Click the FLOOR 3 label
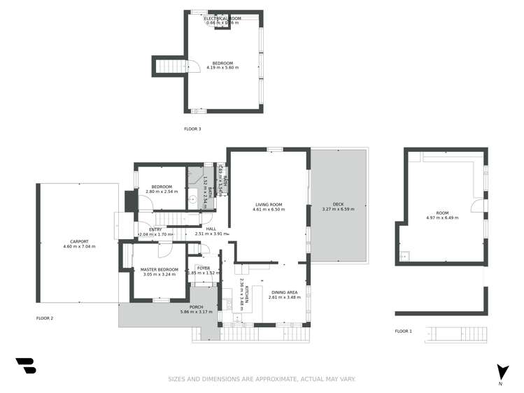(192, 129)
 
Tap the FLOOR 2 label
(45, 318)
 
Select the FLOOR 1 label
(404, 331)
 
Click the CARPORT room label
(79, 241)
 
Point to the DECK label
(338, 204)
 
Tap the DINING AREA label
(285, 292)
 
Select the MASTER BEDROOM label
(159, 269)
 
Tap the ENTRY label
(155, 229)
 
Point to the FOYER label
(204, 268)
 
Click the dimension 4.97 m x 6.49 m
(443, 217)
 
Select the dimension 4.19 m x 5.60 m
(225, 68)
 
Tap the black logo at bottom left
(26, 366)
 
